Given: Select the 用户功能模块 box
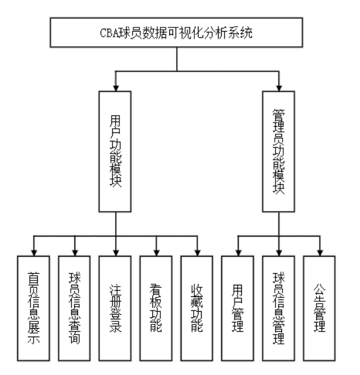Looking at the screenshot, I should [116, 151].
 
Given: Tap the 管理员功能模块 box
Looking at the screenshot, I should [279, 151].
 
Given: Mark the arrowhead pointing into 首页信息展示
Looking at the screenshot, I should [34, 251].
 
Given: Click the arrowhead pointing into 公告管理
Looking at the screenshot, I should [320, 251].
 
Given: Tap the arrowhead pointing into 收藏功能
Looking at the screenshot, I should [197, 251].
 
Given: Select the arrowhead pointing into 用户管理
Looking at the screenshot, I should [238, 251].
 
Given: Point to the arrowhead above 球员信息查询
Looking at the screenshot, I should [74, 251].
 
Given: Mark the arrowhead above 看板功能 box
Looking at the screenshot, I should [156, 251].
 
